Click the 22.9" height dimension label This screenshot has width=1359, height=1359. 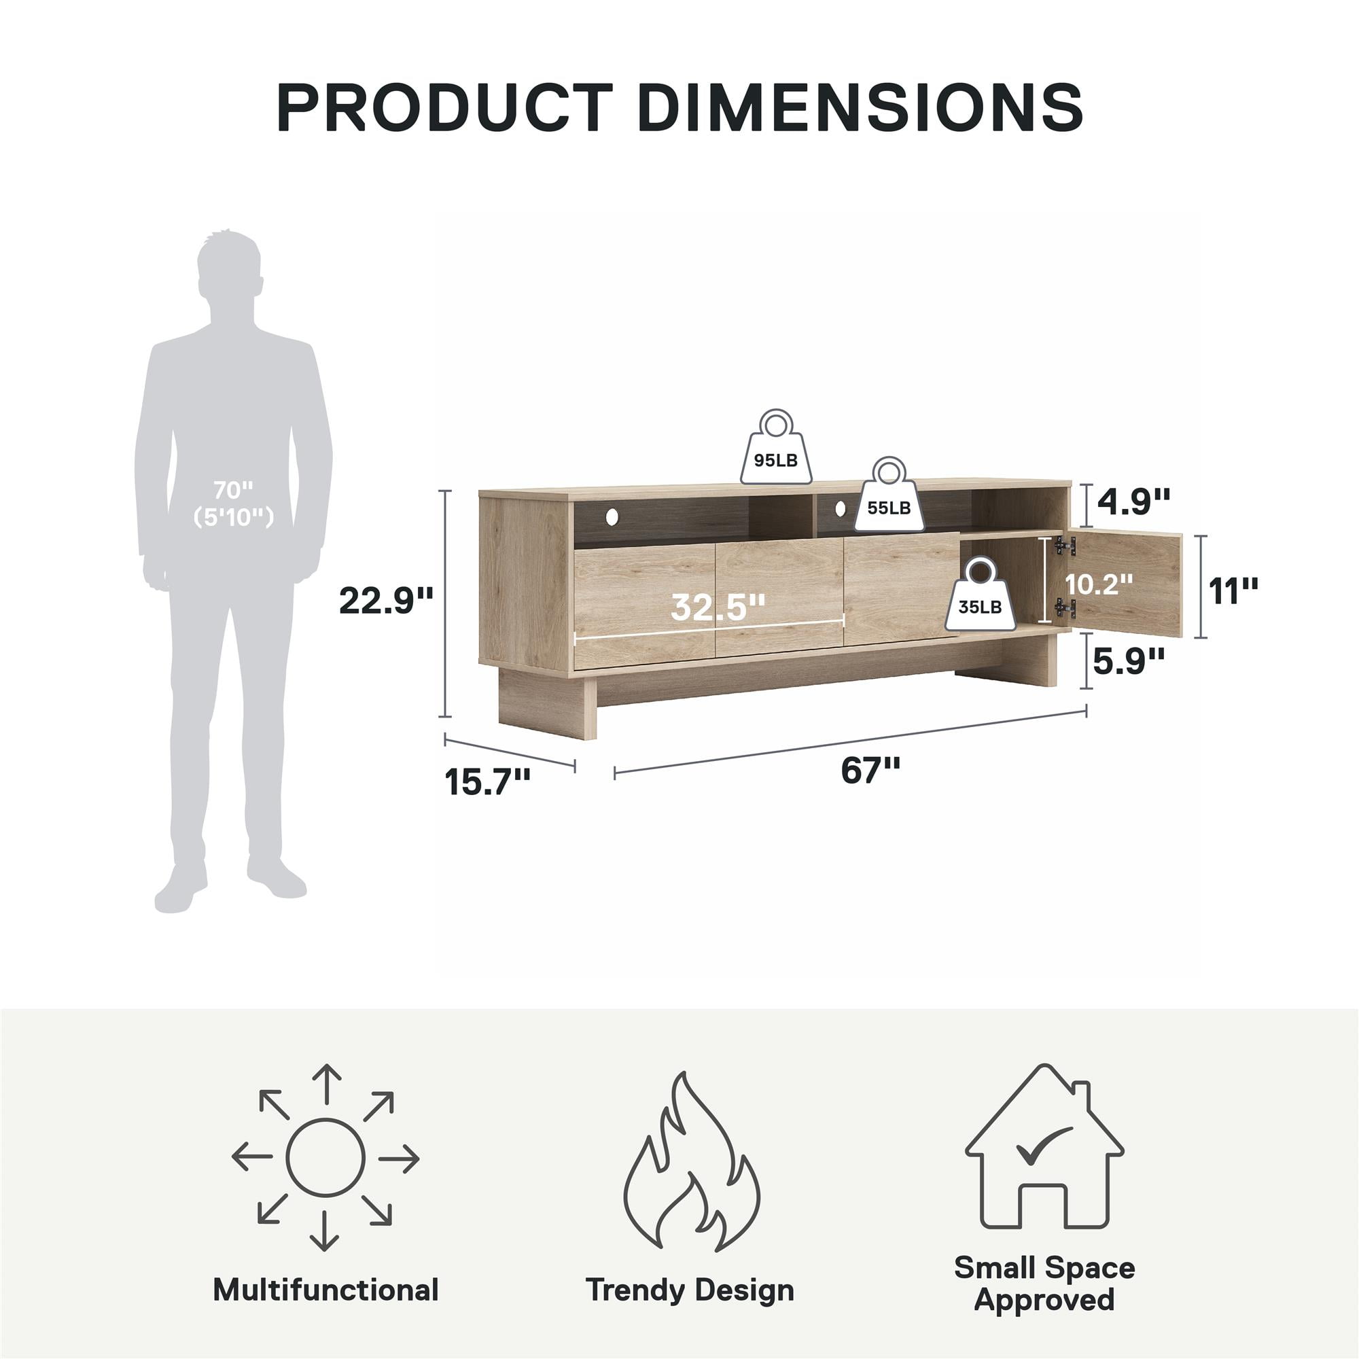pos(385,601)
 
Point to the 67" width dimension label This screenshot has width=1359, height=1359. pos(870,771)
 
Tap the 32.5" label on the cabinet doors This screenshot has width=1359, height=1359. pos(718,607)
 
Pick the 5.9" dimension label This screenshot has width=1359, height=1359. pos(1128,660)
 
